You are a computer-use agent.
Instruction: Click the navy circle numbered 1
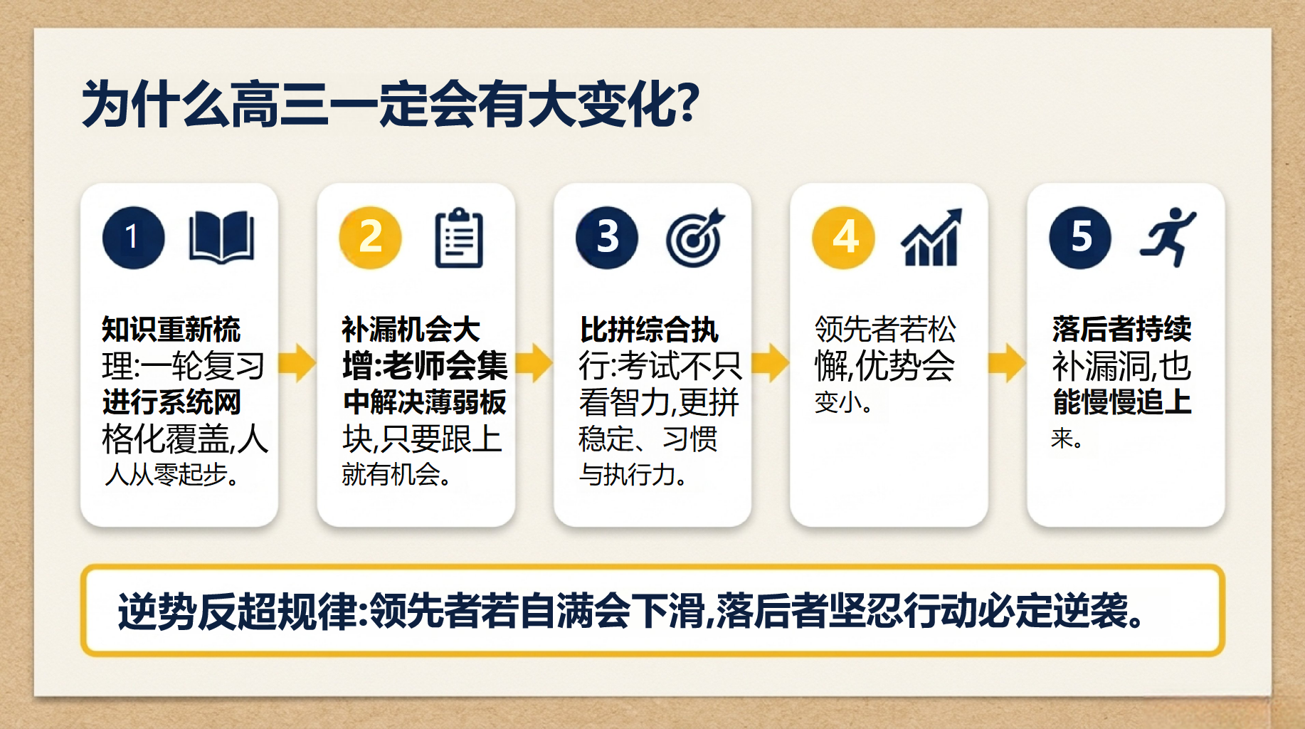[133, 237]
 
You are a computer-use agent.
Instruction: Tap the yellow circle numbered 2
[370, 237]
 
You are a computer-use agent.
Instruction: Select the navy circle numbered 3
[607, 237]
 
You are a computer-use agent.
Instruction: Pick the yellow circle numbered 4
[844, 237]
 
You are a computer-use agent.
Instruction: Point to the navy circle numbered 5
[1080, 237]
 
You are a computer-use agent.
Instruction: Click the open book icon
[221, 237]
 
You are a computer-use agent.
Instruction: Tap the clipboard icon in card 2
[459, 238]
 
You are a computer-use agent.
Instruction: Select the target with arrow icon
[695, 238]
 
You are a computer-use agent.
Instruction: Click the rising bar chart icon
[931, 237]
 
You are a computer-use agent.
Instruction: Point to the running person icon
[1168, 237]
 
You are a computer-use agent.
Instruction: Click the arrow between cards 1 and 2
[297, 363]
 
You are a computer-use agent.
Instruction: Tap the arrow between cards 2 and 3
[534, 363]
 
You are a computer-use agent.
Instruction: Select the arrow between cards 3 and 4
[771, 363]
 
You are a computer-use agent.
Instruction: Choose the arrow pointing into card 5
[1007, 363]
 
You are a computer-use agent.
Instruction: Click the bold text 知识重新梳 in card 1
[171, 330]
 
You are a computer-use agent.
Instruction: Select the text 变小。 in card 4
[844, 402]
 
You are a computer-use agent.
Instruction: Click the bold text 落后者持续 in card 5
[1121, 329]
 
